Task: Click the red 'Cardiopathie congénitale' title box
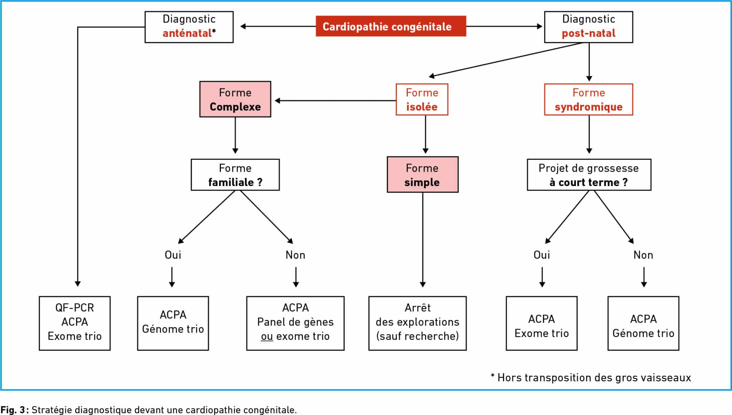point(391,26)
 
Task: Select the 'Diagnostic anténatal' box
point(189,27)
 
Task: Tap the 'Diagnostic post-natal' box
point(588,27)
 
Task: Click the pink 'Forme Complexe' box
point(235,99)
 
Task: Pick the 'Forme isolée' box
point(422,99)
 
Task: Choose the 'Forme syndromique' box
point(588,99)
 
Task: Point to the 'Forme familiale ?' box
point(235,175)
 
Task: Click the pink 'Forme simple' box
point(422,175)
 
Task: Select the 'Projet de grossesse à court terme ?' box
point(589,175)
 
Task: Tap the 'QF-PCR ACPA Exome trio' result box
point(75,323)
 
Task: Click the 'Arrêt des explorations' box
point(417,323)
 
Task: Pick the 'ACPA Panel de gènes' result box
point(295,323)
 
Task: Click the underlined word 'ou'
point(267,336)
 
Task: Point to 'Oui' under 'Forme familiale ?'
point(173,255)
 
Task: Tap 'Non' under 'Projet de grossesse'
point(643,255)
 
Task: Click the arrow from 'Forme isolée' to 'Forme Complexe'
point(335,101)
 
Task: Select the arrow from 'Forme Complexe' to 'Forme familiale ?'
point(235,135)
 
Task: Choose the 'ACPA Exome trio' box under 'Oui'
point(541,323)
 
